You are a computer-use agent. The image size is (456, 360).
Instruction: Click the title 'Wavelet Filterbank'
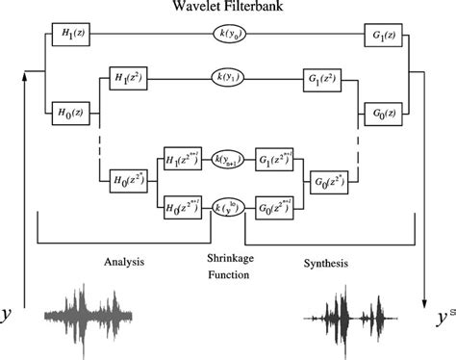click(x=227, y=10)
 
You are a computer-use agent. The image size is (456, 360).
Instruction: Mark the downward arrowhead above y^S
click(x=424, y=288)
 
